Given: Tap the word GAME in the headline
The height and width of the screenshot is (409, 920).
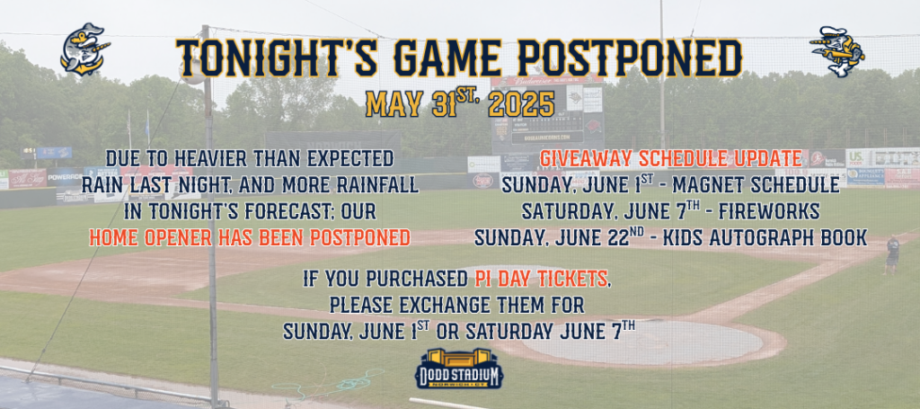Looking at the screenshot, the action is click(448, 58).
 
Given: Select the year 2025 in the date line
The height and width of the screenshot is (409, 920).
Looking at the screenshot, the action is click(521, 104).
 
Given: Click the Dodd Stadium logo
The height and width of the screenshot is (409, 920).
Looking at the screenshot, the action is click(459, 369).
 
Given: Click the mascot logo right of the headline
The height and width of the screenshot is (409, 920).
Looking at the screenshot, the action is click(836, 50).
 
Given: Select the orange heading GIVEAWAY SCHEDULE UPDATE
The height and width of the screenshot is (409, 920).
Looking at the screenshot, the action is click(670, 158).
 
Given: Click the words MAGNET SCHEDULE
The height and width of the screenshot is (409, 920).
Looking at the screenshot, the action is click(756, 185).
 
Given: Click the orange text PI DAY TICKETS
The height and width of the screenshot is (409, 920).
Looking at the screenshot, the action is click(542, 280).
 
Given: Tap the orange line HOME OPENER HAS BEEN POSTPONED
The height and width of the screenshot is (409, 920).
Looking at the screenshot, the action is click(250, 238).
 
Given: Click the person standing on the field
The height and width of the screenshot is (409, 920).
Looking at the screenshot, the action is click(892, 254).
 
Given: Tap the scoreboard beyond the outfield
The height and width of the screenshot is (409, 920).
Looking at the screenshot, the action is click(547, 115).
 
